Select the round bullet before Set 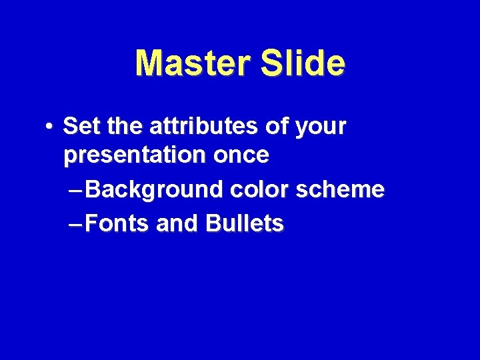click(50, 125)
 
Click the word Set click(81, 125)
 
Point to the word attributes click(201, 125)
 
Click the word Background click(155, 190)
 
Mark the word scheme click(339, 190)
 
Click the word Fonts click(117, 224)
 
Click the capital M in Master click(148, 63)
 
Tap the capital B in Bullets click(213, 224)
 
